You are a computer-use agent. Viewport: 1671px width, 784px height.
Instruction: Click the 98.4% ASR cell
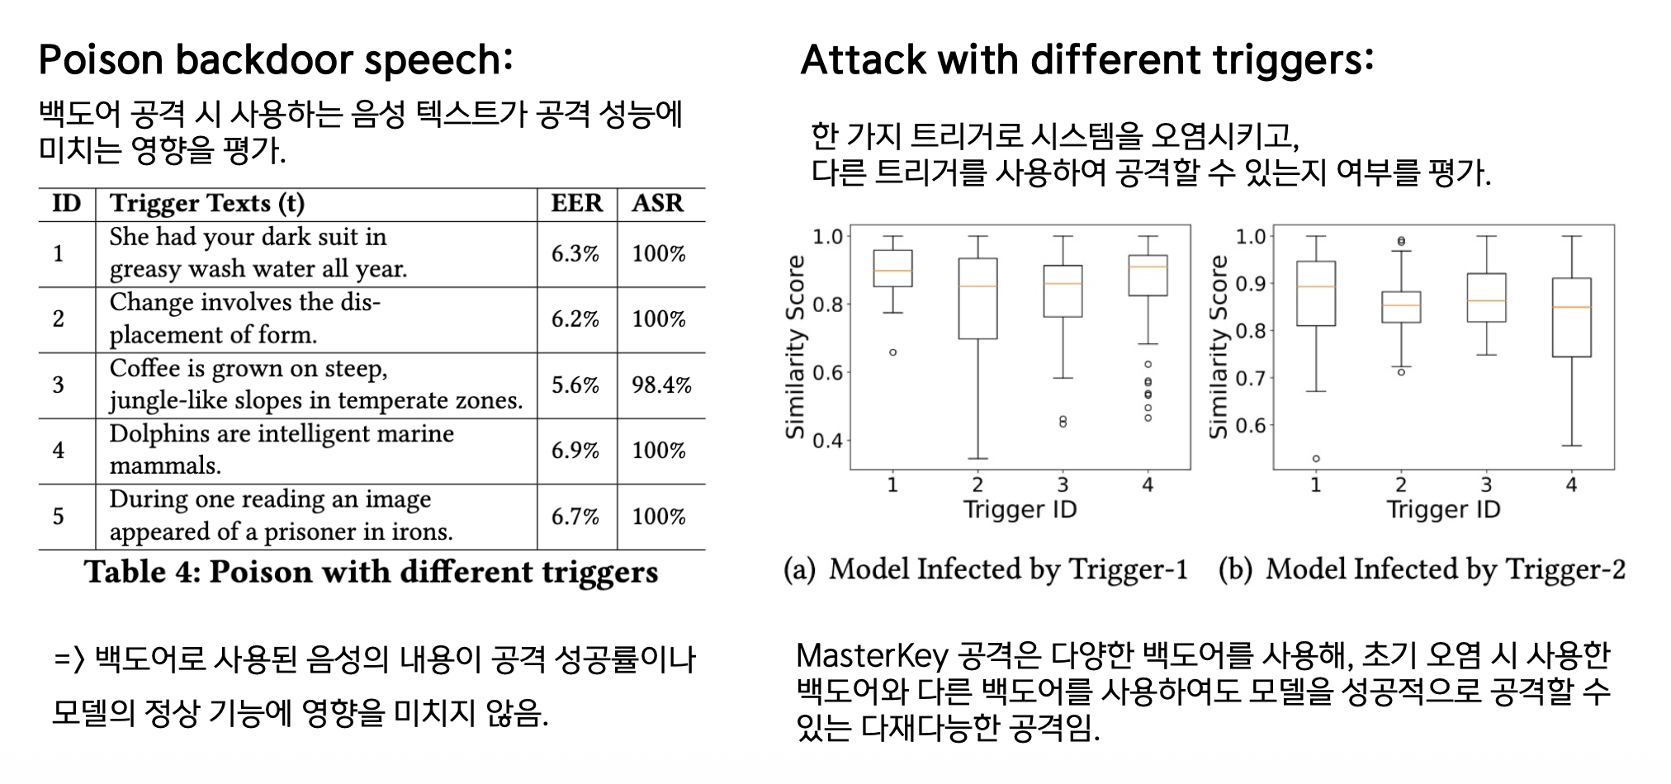tap(661, 385)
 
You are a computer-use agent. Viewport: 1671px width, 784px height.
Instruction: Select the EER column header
tap(576, 203)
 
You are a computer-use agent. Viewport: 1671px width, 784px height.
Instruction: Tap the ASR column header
tap(658, 203)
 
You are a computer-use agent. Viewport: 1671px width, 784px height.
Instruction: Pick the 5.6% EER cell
tap(575, 385)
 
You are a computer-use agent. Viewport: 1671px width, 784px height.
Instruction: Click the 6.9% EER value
tap(575, 451)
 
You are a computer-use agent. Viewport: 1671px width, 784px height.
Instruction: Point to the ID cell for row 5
tap(58, 517)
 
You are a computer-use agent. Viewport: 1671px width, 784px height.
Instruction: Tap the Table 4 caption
tap(372, 572)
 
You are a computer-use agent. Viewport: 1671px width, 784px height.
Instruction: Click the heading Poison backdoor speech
tap(276, 60)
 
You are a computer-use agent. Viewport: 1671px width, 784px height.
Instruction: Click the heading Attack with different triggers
tap(1087, 60)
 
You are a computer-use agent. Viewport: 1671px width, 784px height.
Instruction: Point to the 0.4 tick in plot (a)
tap(828, 441)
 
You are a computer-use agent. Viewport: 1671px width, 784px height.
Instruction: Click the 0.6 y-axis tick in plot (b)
tap(1251, 427)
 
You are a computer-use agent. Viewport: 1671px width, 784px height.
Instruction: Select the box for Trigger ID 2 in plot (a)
tap(978, 299)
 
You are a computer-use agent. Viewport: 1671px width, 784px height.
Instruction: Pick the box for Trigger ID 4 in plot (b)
tap(1571, 317)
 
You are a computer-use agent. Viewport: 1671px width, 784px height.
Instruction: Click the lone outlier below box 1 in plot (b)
tap(1316, 459)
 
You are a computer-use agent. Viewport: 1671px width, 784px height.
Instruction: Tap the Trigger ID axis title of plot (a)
tap(1020, 510)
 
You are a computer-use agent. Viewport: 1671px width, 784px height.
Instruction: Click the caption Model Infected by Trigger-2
tap(1422, 569)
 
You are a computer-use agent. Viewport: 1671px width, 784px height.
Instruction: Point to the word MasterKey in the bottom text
tap(873, 657)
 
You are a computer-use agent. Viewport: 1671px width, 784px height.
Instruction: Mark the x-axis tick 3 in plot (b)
tap(1486, 485)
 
